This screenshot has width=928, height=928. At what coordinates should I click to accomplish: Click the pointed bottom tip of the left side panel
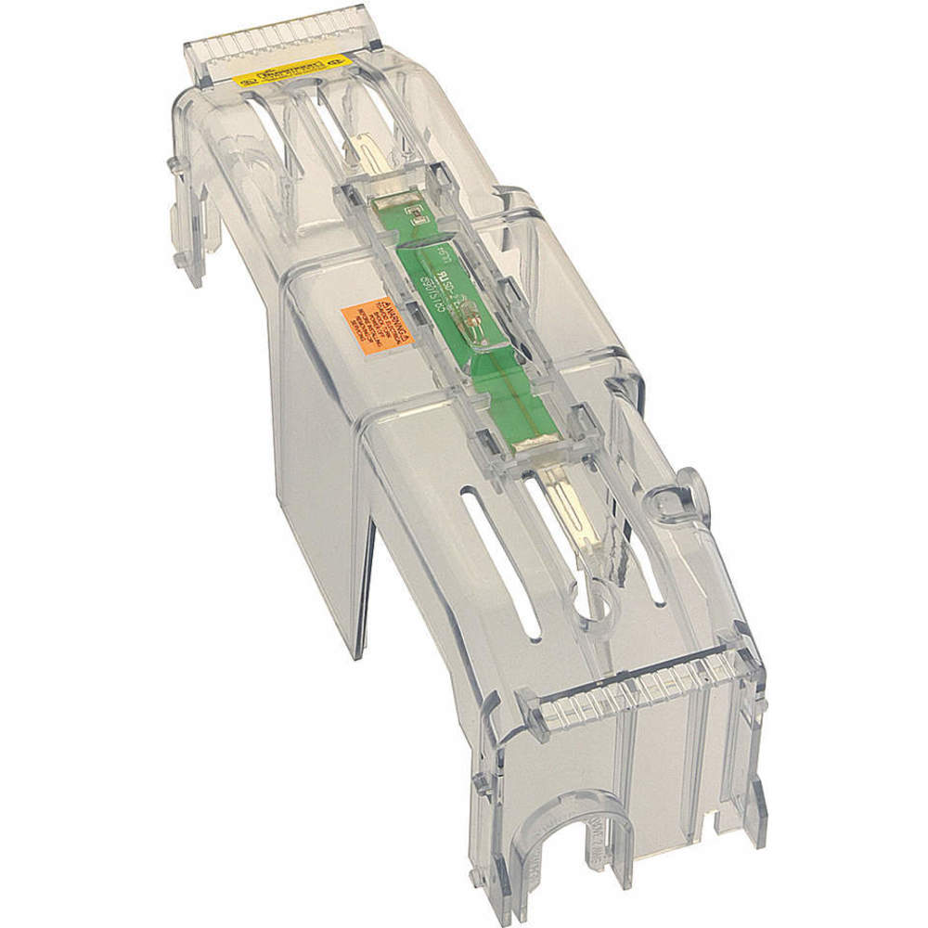coord(357,650)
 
